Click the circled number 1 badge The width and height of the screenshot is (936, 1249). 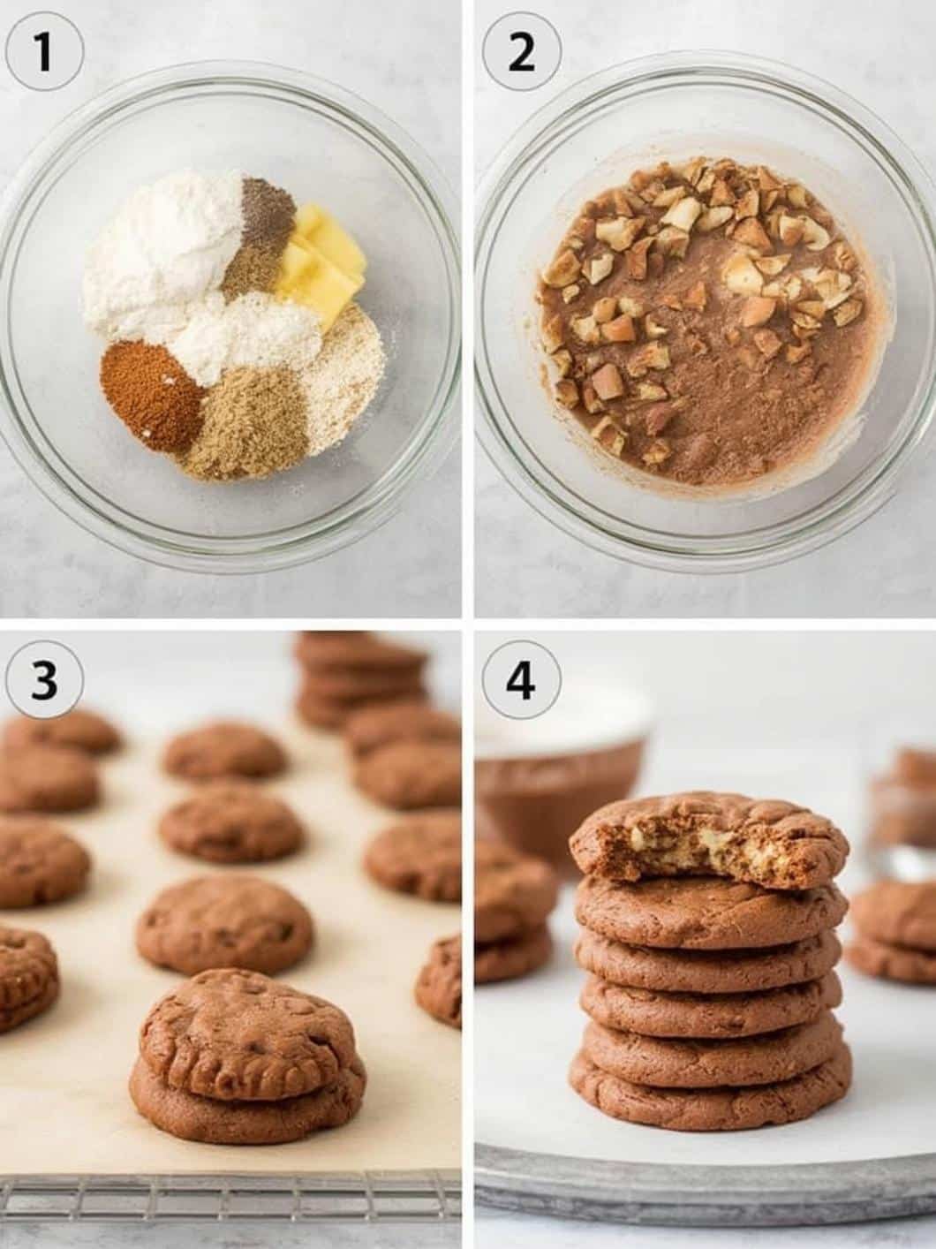44,53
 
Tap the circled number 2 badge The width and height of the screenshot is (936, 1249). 521,53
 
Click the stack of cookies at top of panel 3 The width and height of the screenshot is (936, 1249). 361,677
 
